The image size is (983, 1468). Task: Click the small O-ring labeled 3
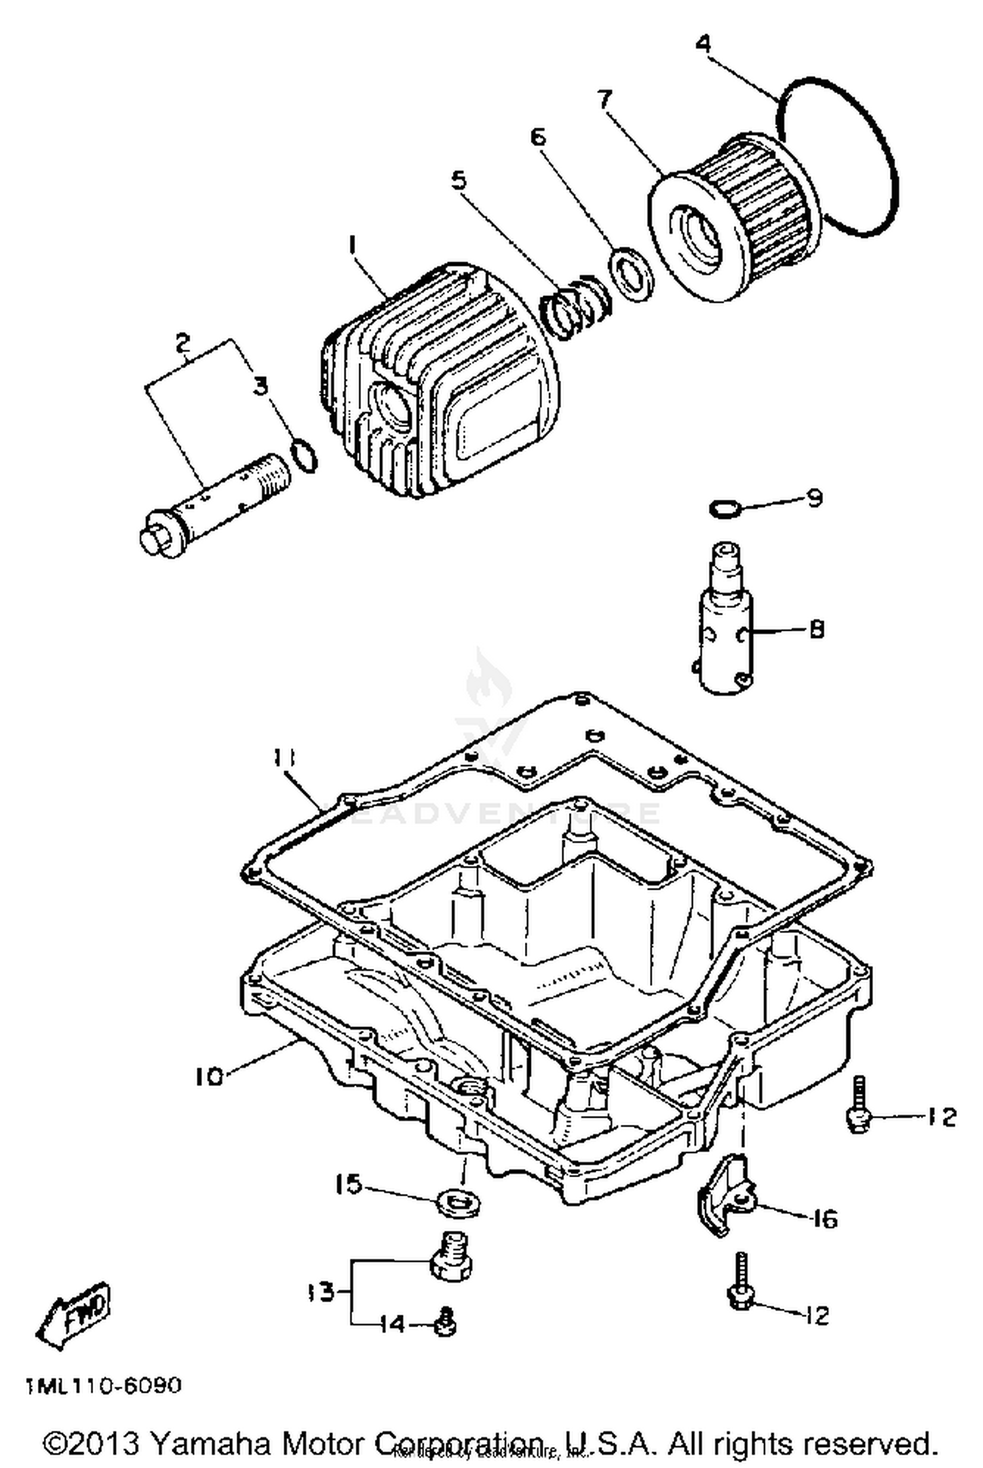(304, 455)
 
